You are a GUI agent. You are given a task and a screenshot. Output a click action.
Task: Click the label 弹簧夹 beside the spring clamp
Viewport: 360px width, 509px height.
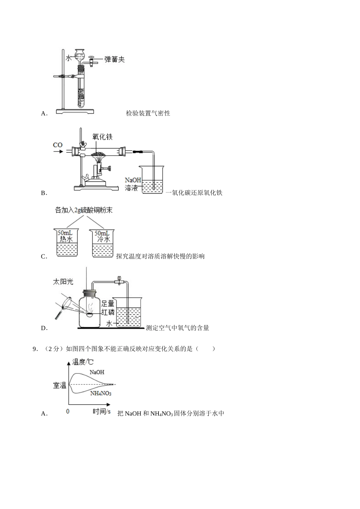114,59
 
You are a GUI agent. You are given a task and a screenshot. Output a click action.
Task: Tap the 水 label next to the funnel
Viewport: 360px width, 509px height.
69,58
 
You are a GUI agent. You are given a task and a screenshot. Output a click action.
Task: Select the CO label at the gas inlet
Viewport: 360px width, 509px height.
58,145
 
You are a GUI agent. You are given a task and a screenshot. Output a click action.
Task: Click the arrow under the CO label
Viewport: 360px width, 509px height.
58,151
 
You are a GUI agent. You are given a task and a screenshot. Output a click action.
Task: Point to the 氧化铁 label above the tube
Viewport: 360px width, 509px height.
102,137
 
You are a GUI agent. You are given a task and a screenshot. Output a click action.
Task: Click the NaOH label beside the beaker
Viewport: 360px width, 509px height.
133,180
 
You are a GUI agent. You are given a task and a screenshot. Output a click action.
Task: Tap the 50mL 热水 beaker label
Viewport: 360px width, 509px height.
66,236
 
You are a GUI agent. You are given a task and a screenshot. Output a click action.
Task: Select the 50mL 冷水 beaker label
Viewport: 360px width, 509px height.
102,236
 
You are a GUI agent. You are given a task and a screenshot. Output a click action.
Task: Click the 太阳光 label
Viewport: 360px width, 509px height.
63,282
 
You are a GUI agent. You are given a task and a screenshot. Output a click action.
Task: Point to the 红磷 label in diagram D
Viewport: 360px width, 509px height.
108,312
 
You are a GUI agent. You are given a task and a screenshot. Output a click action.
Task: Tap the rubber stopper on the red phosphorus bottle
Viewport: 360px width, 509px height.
89,293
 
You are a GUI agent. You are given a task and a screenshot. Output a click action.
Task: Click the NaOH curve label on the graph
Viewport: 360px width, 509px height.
97,372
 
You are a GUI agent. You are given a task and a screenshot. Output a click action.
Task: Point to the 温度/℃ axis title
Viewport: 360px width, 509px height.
83,362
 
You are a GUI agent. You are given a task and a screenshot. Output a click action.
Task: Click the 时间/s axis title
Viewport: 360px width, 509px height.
102,412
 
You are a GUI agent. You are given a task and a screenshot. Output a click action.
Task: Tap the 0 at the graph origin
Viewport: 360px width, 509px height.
67,411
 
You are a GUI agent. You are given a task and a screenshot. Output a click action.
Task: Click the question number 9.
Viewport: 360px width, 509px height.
35,349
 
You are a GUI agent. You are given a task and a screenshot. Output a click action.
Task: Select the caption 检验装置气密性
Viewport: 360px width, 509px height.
148,113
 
